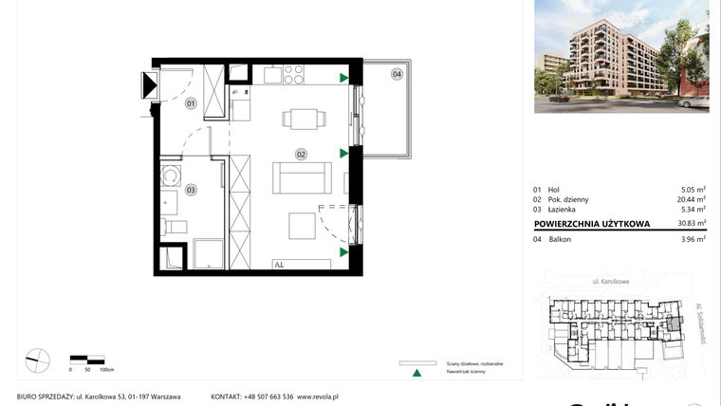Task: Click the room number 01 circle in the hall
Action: pos(190,103)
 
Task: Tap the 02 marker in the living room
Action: pos(301,154)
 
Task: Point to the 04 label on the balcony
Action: pos(397,73)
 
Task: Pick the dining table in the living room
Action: pos(302,120)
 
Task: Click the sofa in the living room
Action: pos(302,176)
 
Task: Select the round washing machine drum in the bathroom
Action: pos(172,175)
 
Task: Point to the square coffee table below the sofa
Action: pos(302,227)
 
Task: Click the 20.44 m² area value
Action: pos(690,200)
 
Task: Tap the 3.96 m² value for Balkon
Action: pos(693,239)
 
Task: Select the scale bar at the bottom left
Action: pos(87,359)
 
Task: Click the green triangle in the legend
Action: pos(415,374)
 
